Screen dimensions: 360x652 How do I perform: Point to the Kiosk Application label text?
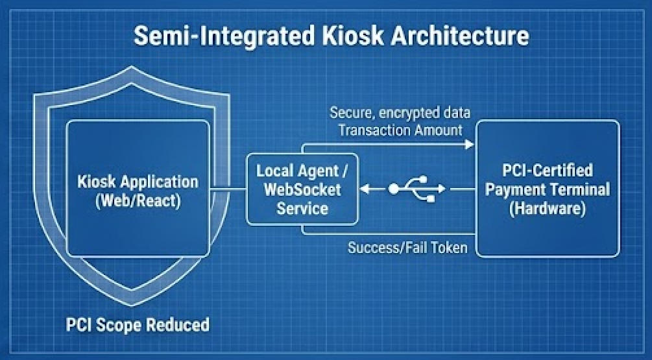point(138,181)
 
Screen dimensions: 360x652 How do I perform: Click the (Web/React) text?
point(138,200)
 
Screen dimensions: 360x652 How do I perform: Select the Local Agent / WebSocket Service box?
point(302,189)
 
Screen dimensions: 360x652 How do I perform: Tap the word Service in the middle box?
point(302,209)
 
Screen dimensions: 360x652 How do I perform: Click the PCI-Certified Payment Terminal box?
point(548,188)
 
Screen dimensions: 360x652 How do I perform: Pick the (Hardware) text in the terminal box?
point(548,210)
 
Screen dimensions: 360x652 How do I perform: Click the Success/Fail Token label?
point(407,248)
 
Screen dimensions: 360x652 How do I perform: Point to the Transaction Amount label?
point(400,130)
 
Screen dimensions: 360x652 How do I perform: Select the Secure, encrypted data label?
point(400,113)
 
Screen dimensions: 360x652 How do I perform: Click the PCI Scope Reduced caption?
point(138,324)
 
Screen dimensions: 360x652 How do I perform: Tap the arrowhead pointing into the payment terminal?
point(471,144)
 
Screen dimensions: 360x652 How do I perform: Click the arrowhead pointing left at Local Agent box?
point(364,189)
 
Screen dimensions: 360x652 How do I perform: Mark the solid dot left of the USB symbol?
point(394,189)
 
